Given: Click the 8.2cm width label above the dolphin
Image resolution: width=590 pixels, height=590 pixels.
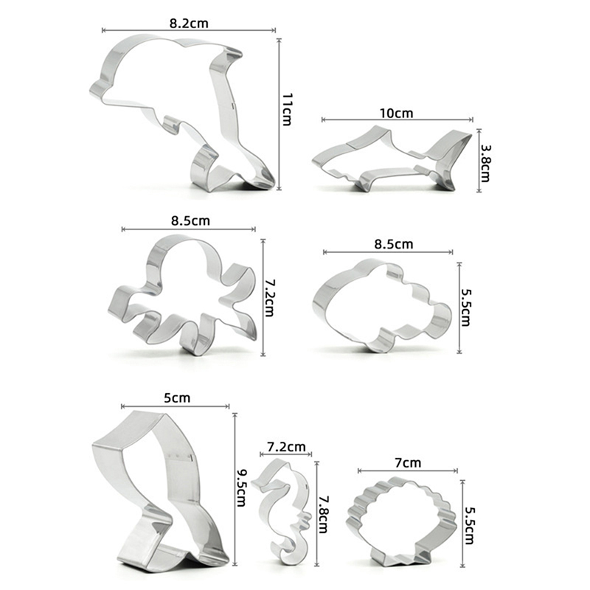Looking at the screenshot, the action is point(189,24).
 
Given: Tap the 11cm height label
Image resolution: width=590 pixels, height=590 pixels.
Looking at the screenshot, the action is point(287,109).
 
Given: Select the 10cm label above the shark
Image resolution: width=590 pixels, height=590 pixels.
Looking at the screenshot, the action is point(396,113).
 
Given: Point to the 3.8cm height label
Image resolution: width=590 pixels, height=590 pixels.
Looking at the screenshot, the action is point(485,163).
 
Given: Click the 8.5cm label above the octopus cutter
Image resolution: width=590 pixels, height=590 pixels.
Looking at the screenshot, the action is point(190,221).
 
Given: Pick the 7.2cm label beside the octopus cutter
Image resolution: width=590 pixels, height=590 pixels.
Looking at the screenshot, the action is point(270,298).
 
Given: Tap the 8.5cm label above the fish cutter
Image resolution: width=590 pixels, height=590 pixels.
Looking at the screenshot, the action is point(394,244).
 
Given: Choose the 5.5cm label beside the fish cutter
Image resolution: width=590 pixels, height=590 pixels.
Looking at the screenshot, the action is point(465,308).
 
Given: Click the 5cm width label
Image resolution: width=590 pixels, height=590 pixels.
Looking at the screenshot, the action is point(177,398).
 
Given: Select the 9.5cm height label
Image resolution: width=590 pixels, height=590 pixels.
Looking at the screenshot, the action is point(241,487).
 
